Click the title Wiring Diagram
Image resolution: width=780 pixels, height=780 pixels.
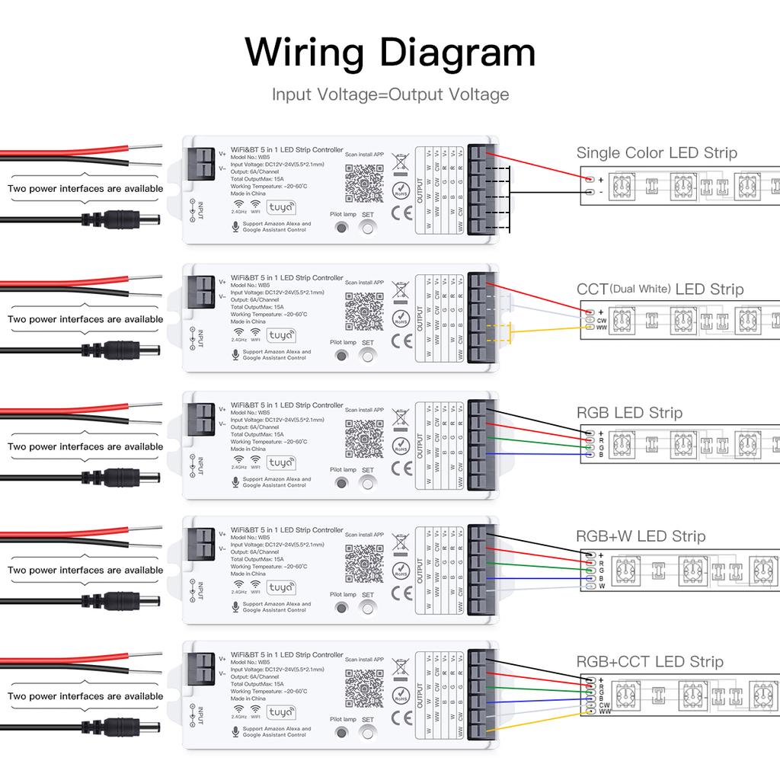coord(390,53)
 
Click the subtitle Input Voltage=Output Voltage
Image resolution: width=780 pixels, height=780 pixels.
coord(390,95)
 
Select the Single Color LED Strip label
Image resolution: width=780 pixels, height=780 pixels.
coord(657,153)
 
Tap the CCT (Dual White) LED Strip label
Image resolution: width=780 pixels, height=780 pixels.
coord(660,289)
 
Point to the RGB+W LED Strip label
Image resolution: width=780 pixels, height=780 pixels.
coord(641,536)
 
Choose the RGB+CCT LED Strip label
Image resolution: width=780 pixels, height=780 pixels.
coord(650,662)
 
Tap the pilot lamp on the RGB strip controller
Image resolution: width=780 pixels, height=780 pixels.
coord(341,481)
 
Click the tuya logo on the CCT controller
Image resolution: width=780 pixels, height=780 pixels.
coord(281,335)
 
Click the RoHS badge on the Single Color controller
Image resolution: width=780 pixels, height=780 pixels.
coord(401,190)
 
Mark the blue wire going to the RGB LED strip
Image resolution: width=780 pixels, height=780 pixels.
coord(533,455)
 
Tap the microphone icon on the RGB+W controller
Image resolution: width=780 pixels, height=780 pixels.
coord(235,606)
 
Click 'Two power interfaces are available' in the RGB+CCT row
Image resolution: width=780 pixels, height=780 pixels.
coord(85,696)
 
